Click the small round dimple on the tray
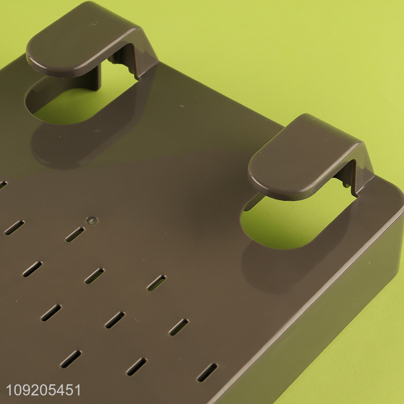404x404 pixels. [91, 220]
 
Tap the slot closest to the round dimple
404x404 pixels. [75, 234]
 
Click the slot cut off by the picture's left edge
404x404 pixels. [2, 185]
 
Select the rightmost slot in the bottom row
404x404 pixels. [207, 372]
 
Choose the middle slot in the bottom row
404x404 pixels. [136, 367]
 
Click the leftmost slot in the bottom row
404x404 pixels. [71, 359]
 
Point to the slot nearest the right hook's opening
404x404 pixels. [156, 283]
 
